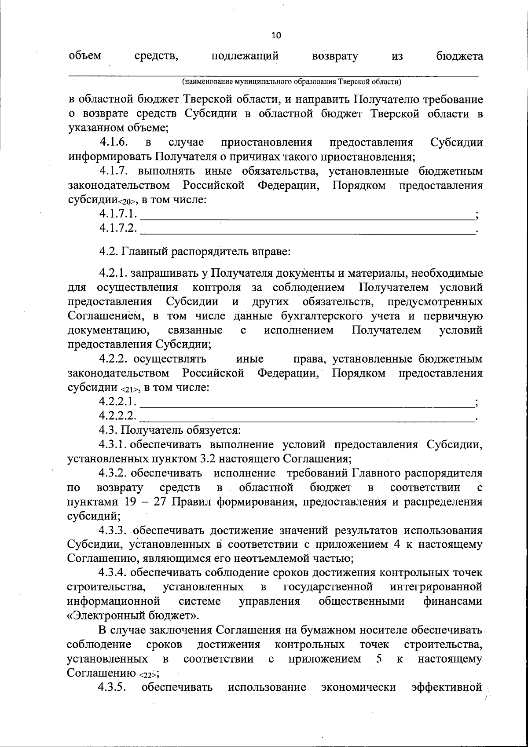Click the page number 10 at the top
276,36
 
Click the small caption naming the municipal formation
292,82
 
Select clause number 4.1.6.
114,143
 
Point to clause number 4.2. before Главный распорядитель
109,253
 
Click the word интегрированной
436,587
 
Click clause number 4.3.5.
113,688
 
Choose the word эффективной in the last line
447,688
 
